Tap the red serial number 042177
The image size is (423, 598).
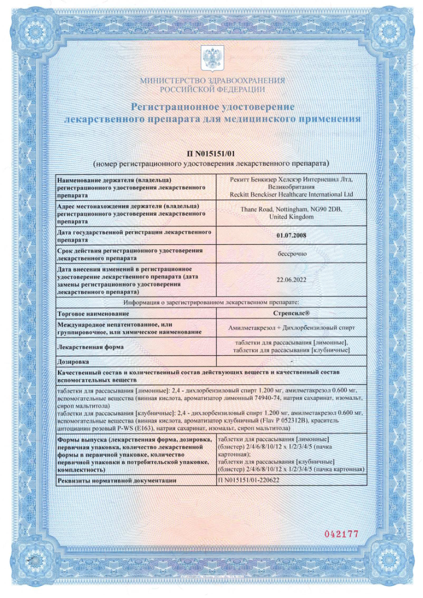point(342,534)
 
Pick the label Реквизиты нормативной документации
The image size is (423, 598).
point(117,481)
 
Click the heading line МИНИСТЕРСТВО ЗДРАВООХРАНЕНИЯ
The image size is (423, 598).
point(212,80)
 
